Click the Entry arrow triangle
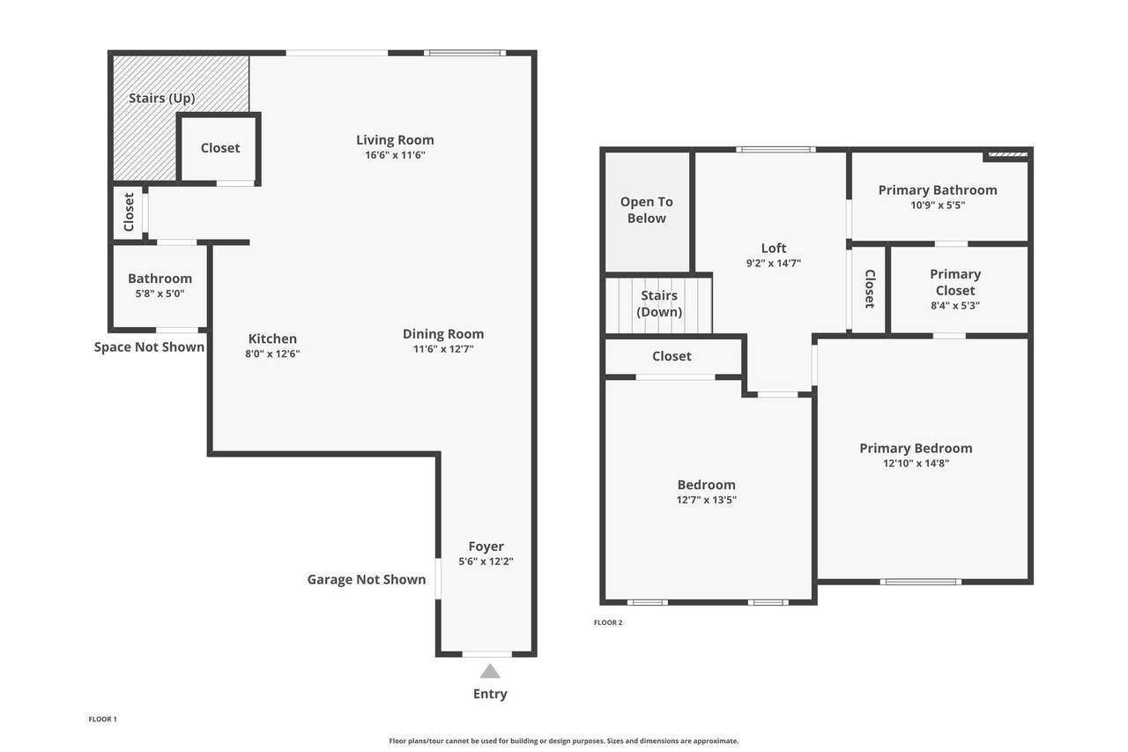pyautogui.click(x=490, y=672)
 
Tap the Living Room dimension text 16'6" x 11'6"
pyautogui.click(x=396, y=155)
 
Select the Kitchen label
pyautogui.click(x=272, y=339)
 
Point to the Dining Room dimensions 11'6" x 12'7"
pyautogui.click(x=443, y=349)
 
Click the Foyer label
pyautogui.click(x=486, y=547)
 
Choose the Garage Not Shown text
pyautogui.click(x=367, y=580)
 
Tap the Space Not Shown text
pyautogui.click(x=149, y=347)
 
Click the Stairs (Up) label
pyautogui.click(x=161, y=98)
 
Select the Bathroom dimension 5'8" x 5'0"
pyautogui.click(x=160, y=294)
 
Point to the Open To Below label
pyautogui.click(x=647, y=210)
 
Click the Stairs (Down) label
pyautogui.click(x=659, y=304)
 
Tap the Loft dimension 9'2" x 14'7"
pyautogui.click(x=774, y=263)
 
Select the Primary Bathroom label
pyautogui.click(x=938, y=190)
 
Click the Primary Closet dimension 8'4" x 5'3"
pyautogui.click(x=955, y=305)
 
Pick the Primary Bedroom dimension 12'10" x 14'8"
pyautogui.click(x=916, y=463)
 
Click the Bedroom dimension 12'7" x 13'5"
pyautogui.click(x=707, y=500)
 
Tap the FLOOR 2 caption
pyautogui.click(x=608, y=622)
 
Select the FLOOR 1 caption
pyautogui.click(x=103, y=719)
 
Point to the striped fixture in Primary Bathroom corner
pyautogui.click(x=1007, y=154)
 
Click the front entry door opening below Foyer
pyautogui.click(x=487, y=654)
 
